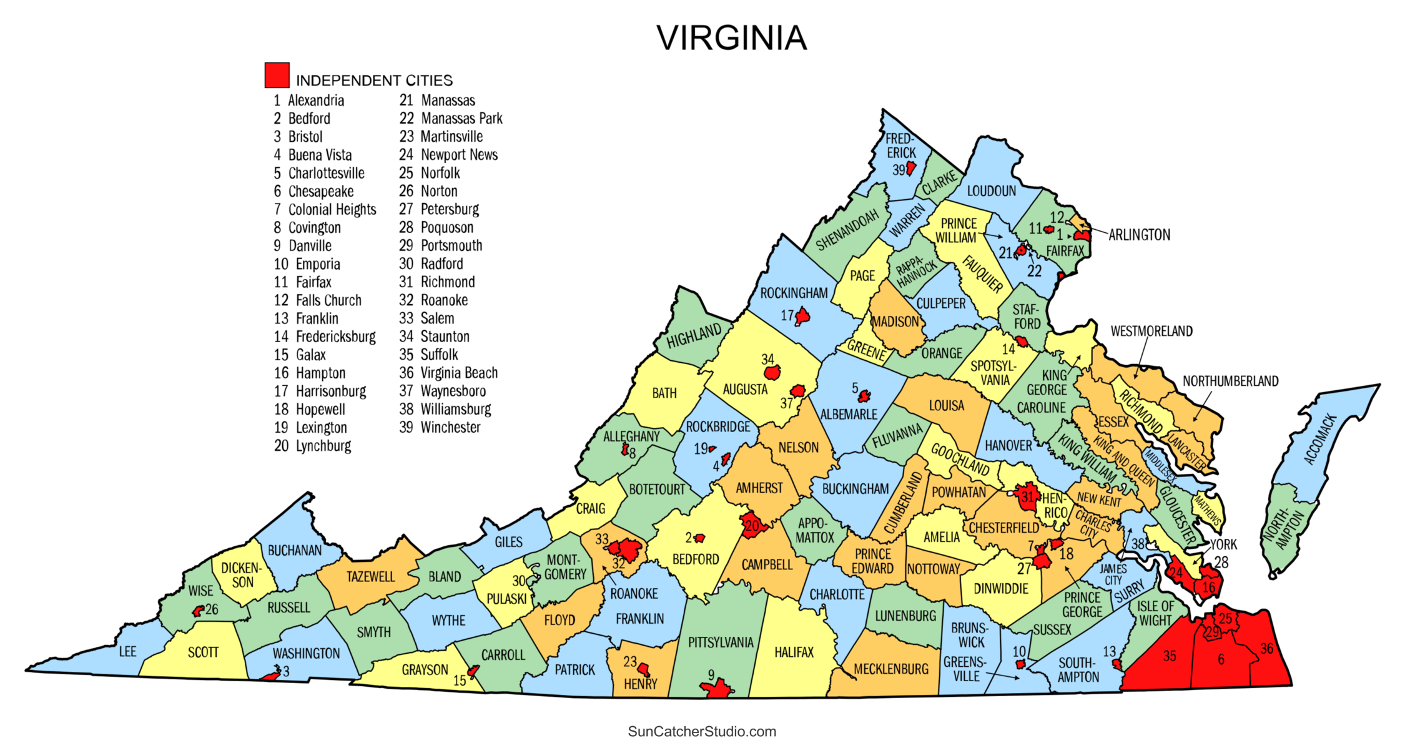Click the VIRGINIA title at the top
click(x=731, y=38)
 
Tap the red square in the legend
click(x=277, y=75)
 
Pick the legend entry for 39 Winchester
click(x=440, y=428)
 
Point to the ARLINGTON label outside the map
click(x=1139, y=235)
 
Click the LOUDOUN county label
click(x=991, y=191)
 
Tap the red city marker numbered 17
click(x=802, y=317)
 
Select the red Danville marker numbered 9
click(x=716, y=689)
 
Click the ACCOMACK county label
click(x=1320, y=439)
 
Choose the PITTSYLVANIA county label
click(x=721, y=642)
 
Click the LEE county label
click(x=127, y=652)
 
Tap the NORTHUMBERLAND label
click(x=1230, y=381)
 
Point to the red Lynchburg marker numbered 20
click(x=752, y=526)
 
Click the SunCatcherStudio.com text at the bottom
click(x=702, y=731)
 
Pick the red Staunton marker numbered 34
click(x=772, y=373)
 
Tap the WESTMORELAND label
click(x=1151, y=331)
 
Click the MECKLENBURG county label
click(x=890, y=669)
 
